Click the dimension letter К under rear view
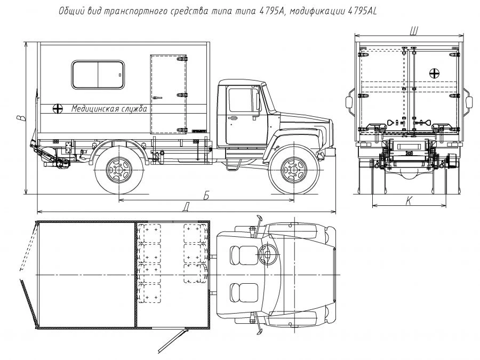409,200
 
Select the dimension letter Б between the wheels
206,195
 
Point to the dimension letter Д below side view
185,206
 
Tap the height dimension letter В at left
20,118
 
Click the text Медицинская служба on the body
109,109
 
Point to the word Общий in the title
70,12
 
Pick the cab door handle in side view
233,117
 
